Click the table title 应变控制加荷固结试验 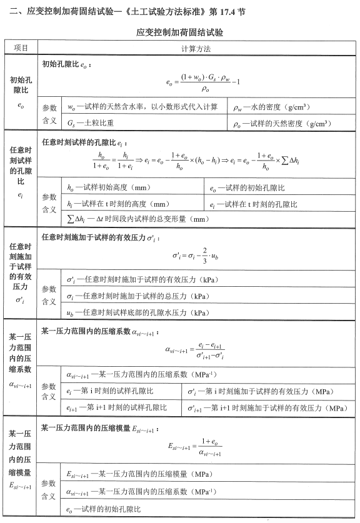[179, 31]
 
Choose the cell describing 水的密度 [275, 107]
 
